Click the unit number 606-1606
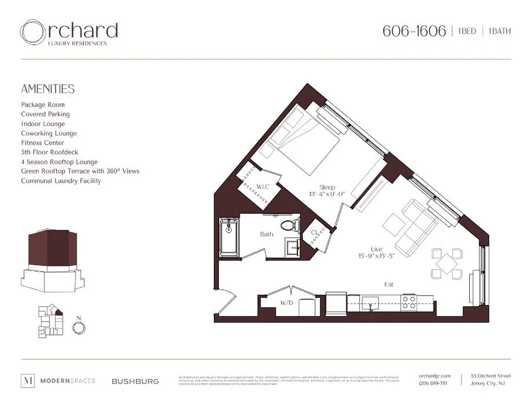(414, 31)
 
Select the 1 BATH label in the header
(499, 32)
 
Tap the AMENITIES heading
(47, 89)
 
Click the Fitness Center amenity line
(42, 143)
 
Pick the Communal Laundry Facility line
(61, 181)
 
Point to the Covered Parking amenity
(45, 114)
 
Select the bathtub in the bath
(228, 237)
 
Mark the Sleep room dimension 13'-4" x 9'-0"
(327, 194)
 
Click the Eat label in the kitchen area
(389, 284)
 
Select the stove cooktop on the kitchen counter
(409, 303)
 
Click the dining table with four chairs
(446, 263)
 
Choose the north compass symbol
(79, 327)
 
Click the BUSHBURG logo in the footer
(135, 381)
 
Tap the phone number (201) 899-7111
(432, 384)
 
